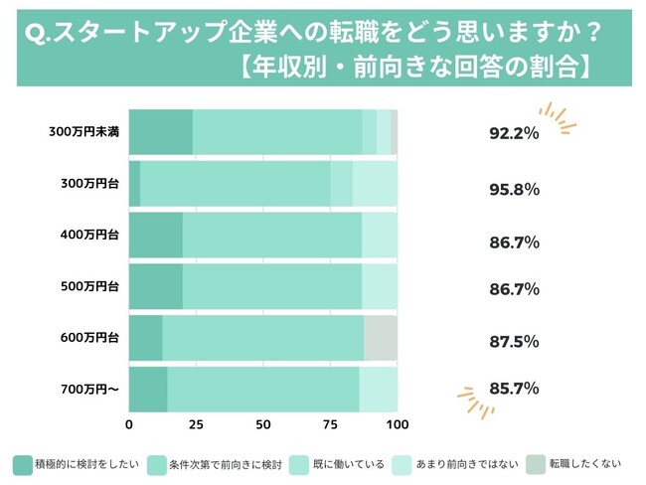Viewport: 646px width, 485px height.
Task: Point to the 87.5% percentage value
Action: click(514, 341)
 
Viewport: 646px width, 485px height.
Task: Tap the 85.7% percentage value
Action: click(514, 389)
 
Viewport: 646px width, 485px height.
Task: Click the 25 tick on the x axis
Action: click(196, 425)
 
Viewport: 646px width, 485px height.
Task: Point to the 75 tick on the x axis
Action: click(330, 425)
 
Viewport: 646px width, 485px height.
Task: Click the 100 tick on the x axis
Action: click(397, 425)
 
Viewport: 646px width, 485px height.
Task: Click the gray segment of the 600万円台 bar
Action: click(381, 339)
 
